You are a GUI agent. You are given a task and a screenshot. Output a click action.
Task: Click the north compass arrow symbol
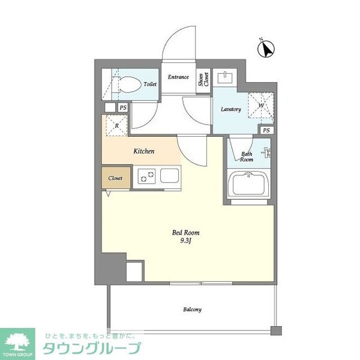[x=265, y=48]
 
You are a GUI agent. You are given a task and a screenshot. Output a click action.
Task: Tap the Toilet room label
[x=150, y=85]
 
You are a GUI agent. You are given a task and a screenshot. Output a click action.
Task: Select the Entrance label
[x=178, y=77]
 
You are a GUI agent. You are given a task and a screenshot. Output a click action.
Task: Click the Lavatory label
[x=230, y=109]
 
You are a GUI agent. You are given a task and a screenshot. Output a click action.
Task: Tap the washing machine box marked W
[x=261, y=106]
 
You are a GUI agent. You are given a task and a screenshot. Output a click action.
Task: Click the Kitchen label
[x=144, y=151]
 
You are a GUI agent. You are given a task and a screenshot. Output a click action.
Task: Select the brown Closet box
[x=115, y=178]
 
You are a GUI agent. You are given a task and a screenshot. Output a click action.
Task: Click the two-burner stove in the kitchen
[x=146, y=176]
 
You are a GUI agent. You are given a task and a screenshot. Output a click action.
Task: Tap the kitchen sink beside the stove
[x=167, y=177]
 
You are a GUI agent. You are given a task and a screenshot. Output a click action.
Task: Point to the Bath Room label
[x=247, y=157]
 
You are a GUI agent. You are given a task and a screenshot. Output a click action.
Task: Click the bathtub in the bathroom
[x=249, y=184]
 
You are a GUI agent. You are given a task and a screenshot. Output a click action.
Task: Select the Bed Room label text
[x=186, y=232]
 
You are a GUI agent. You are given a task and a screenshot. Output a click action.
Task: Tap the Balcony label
[x=192, y=310]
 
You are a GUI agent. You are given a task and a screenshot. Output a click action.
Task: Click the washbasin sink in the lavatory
[x=226, y=77]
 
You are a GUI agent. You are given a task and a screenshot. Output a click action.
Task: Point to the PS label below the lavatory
[x=266, y=130]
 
